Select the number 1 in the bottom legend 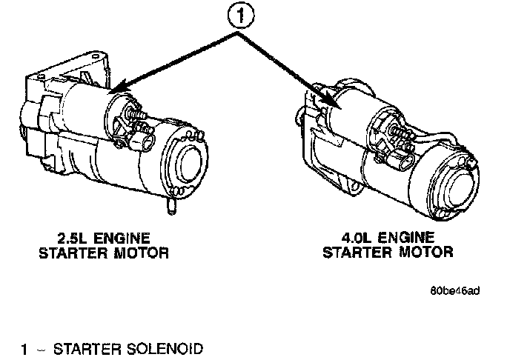[x=24, y=348]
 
